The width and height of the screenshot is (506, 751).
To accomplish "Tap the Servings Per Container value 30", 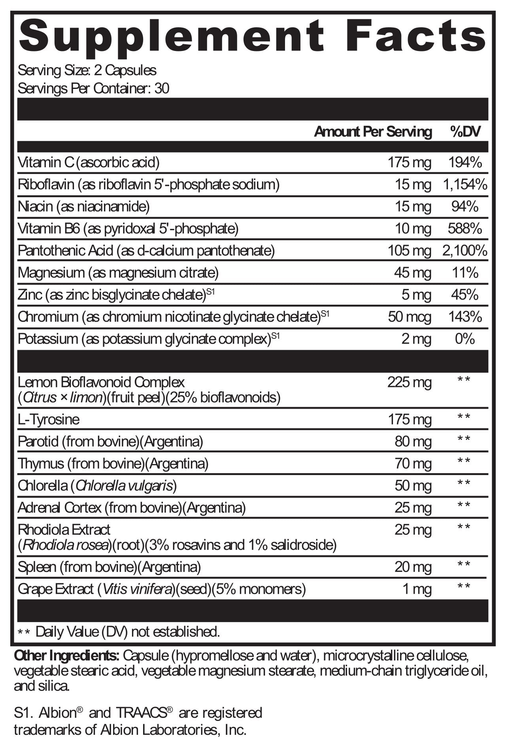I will coord(162,88).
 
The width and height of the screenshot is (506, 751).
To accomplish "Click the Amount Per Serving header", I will coord(373,132).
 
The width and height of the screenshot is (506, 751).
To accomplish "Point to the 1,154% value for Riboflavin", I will coord(465,184).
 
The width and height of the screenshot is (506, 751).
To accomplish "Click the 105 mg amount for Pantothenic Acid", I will coord(410,251).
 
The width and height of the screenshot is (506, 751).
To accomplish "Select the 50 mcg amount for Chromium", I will coord(410,317).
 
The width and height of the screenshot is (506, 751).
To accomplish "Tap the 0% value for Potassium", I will coord(465,339).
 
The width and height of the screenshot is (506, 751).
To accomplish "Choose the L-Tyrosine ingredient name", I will coord(49,419).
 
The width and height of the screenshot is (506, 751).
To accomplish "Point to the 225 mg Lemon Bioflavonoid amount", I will coord(410,382).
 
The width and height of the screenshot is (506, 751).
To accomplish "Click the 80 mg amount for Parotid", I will coord(413,441).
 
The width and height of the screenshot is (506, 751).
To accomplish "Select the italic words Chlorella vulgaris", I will coord(125,485).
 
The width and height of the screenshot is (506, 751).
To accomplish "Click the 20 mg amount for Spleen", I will coord(413,567).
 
